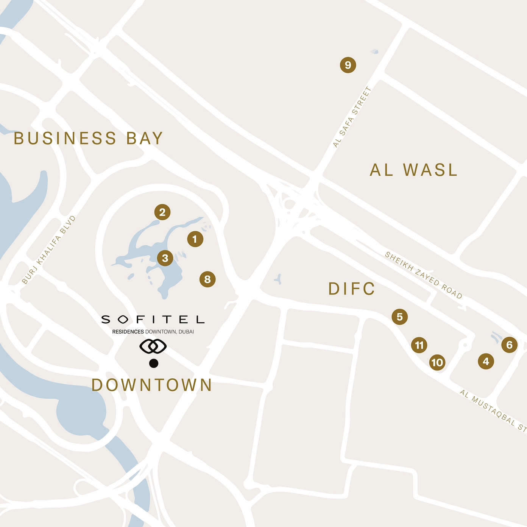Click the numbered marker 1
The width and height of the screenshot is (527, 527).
coord(195,239)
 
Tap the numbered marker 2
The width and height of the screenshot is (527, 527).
coord(162,212)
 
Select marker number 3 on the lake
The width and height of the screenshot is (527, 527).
coord(165,258)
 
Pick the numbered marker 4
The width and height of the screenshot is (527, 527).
coord(486,361)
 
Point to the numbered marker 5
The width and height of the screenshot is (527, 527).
coord(399,317)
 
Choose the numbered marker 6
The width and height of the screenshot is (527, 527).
coord(509,345)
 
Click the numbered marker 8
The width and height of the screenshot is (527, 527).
coord(207,279)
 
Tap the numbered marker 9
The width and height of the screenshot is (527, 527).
coord(348,65)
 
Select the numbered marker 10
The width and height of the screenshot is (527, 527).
coord(437,363)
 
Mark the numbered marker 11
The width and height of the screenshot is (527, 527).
coord(419,345)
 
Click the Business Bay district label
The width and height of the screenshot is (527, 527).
coord(88,139)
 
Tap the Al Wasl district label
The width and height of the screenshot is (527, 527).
coord(413,170)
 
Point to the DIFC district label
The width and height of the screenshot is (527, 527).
coord(351,289)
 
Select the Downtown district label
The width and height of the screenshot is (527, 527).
coord(152,385)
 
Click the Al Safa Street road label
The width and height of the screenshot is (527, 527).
coord(352,117)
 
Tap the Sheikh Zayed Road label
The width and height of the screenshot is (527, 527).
coord(424,275)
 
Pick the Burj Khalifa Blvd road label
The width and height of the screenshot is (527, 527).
coord(49,250)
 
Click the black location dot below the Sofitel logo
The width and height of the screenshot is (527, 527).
coord(154,363)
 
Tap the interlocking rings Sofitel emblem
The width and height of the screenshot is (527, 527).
coord(153,346)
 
